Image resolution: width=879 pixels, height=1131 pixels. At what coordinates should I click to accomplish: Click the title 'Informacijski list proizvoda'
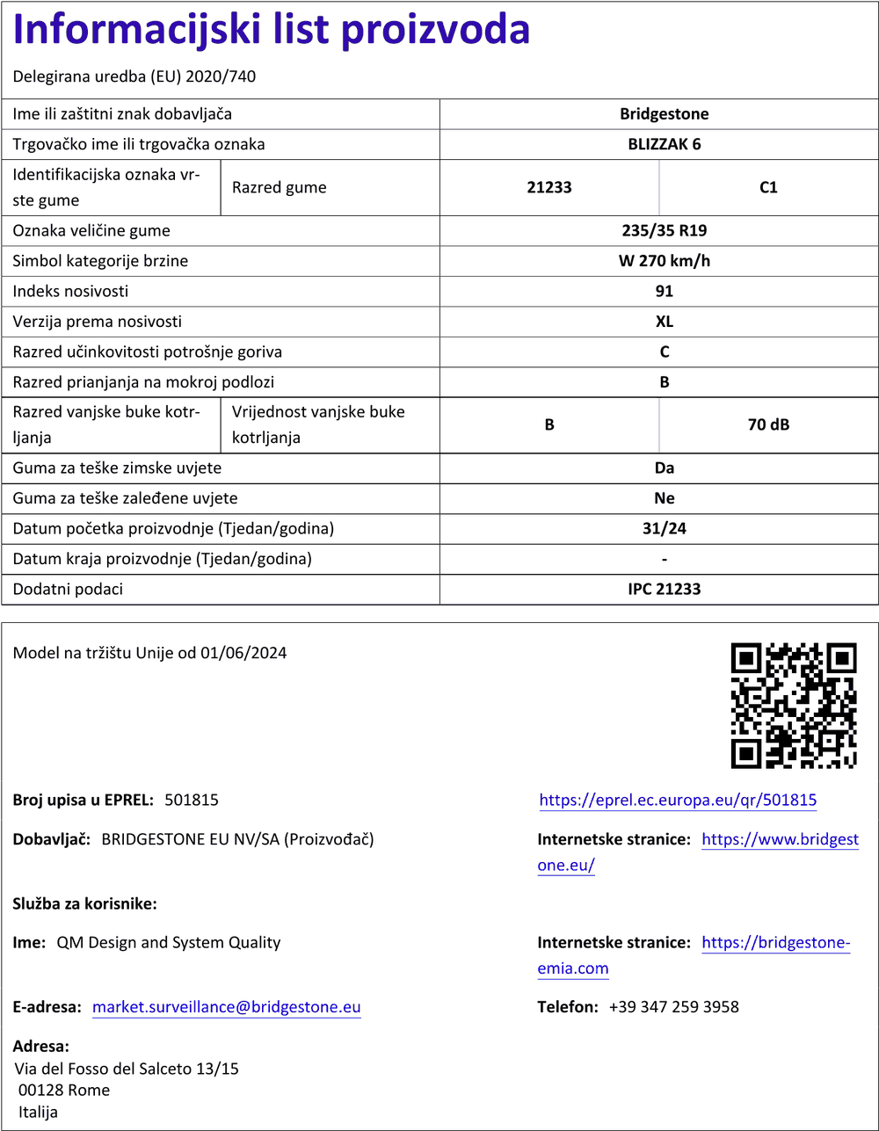pyautogui.click(x=272, y=31)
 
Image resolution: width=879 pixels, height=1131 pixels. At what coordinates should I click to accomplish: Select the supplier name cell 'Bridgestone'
pyautogui.click(x=664, y=114)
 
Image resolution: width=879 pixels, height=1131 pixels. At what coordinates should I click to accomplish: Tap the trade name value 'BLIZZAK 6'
pyautogui.click(x=664, y=144)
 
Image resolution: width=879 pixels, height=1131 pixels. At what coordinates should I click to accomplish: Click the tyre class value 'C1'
pyautogui.click(x=768, y=187)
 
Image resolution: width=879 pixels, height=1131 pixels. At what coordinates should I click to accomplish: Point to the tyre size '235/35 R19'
pyautogui.click(x=664, y=231)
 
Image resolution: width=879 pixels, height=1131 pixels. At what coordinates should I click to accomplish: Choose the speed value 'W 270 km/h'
pyautogui.click(x=664, y=261)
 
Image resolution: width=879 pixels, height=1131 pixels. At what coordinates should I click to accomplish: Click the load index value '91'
pyautogui.click(x=664, y=292)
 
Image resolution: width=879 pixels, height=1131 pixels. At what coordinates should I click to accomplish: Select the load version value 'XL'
pyautogui.click(x=664, y=322)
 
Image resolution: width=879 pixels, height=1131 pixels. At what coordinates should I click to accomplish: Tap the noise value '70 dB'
pyautogui.click(x=768, y=425)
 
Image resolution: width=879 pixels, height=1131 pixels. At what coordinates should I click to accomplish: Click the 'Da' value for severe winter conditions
pyautogui.click(x=664, y=468)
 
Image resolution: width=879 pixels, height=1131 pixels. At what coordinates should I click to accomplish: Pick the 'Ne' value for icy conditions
pyautogui.click(x=664, y=498)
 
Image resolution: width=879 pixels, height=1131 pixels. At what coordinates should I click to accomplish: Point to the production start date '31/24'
pyautogui.click(x=664, y=529)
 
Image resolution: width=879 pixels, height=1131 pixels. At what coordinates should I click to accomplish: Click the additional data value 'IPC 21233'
pyautogui.click(x=664, y=589)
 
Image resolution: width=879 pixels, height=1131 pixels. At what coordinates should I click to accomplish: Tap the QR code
pyautogui.click(x=794, y=705)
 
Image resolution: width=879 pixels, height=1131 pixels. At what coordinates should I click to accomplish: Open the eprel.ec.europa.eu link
pyautogui.click(x=678, y=801)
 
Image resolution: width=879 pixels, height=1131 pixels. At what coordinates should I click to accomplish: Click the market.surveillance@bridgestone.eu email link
pyautogui.click(x=227, y=1007)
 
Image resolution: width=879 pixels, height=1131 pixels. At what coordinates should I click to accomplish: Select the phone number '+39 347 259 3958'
pyautogui.click(x=673, y=1007)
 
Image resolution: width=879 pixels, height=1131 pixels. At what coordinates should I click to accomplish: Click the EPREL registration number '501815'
pyautogui.click(x=192, y=801)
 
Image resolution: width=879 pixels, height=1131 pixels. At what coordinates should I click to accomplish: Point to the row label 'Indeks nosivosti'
pyautogui.click(x=70, y=292)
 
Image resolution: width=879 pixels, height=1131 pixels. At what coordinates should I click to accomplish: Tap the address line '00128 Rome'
pyautogui.click(x=64, y=1091)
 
